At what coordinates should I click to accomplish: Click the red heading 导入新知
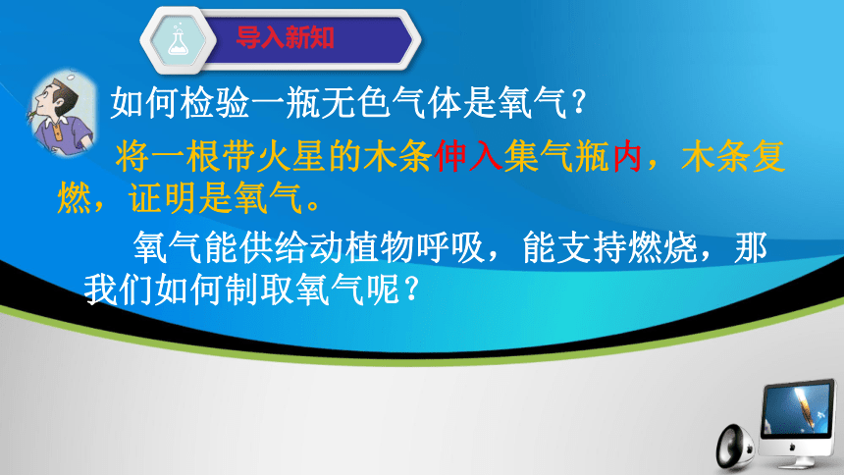point(286,37)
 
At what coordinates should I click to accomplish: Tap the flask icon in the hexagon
point(179,40)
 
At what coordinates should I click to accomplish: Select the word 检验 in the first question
point(215,102)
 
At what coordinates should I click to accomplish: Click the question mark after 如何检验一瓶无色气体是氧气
point(579,102)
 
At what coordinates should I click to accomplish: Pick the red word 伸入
point(469,157)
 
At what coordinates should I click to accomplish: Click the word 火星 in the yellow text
point(291,157)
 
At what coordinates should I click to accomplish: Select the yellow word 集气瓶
point(556,157)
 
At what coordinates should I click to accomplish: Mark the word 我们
point(119,290)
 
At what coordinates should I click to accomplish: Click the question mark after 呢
point(410,290)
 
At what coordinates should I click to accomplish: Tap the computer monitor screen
point(797,409)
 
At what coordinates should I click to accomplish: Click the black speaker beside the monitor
point(735,447)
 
